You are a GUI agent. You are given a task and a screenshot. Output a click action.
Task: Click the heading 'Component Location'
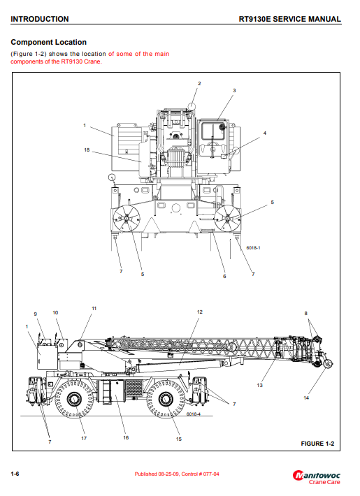pyautogui.click(x=48, y=42)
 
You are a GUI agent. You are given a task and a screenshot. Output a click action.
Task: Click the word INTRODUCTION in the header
pyautogui.click(x=40, y=19)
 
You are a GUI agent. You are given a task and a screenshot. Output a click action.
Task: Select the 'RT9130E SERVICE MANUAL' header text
pyautogui.click(x=289, y=19)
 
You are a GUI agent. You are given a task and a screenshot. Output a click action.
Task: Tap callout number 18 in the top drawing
pyautogui.click(x=87, y=150)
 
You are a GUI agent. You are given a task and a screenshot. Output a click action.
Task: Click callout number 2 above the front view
pyautogui.click(x=199, y=84)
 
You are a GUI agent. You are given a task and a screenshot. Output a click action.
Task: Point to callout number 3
pyautogui.click(x=234, y=91)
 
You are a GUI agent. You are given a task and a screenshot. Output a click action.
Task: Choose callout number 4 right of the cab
pyautogui.click(x=265, y=133)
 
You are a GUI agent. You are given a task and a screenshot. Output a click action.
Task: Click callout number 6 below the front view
pyautogui.click(x=224, y=276)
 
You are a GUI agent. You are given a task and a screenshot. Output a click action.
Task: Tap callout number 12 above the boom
pyautogui.click(x=200, y=312)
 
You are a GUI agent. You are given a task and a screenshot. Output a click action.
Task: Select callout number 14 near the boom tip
pyautogui.click(x=306, y=397)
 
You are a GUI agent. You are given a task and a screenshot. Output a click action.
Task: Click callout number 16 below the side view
pyautogui.click(x=126, y=437)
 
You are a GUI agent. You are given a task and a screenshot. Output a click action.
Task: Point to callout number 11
pyautogui.click(x=94, y=308)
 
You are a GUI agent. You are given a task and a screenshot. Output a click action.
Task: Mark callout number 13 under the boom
pyautogui.click(x=259, y=385)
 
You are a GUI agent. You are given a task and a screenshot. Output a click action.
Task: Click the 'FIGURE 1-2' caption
pyautogui.click(x=317, y=444)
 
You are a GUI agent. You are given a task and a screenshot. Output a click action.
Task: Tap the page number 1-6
pyautogui.click(x=15, y=474)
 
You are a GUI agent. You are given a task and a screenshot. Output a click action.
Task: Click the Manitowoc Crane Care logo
pyautogui.click(x=316, y=478)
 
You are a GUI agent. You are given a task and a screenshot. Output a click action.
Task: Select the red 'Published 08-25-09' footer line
pyautogui.click(x=177, y=474)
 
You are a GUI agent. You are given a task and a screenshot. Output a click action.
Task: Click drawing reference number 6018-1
pyautogui.click(x=253, y=248)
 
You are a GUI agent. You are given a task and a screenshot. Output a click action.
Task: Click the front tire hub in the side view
pyautogui.click(x=165, y=399)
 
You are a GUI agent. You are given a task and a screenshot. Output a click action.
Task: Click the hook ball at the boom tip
pyautogui.click(x=329, y=364)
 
